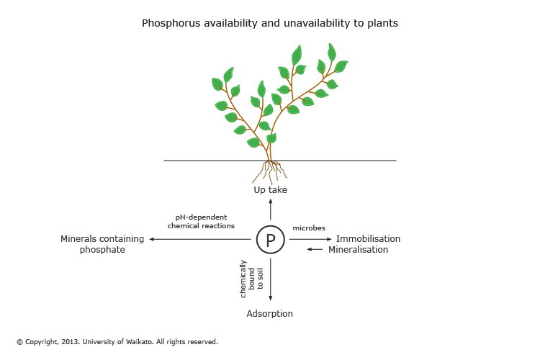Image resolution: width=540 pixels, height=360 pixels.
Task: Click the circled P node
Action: coord(271,240)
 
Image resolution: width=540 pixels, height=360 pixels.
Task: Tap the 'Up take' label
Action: coord(271,190)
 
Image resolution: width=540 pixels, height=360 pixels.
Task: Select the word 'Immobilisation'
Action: coord(368,239)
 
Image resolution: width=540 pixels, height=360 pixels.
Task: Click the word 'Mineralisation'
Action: coord(358,250)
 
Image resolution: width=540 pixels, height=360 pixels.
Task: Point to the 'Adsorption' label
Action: coord(270,314)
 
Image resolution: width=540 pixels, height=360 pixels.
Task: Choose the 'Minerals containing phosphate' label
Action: coord(102,244)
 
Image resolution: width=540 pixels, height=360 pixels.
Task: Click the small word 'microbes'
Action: coord(309,228)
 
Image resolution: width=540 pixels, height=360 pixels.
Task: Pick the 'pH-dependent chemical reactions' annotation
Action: coord(201,221)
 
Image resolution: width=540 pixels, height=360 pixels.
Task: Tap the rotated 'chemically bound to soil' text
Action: coord(252,279)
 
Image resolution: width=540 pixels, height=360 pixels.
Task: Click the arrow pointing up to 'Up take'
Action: coord(271,210)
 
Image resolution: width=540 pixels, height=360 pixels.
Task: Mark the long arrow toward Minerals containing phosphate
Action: coord(201,239)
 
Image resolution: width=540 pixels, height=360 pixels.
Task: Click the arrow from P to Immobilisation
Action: coord(310,239)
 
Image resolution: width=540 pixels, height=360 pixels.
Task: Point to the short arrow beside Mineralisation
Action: coord(315,250)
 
